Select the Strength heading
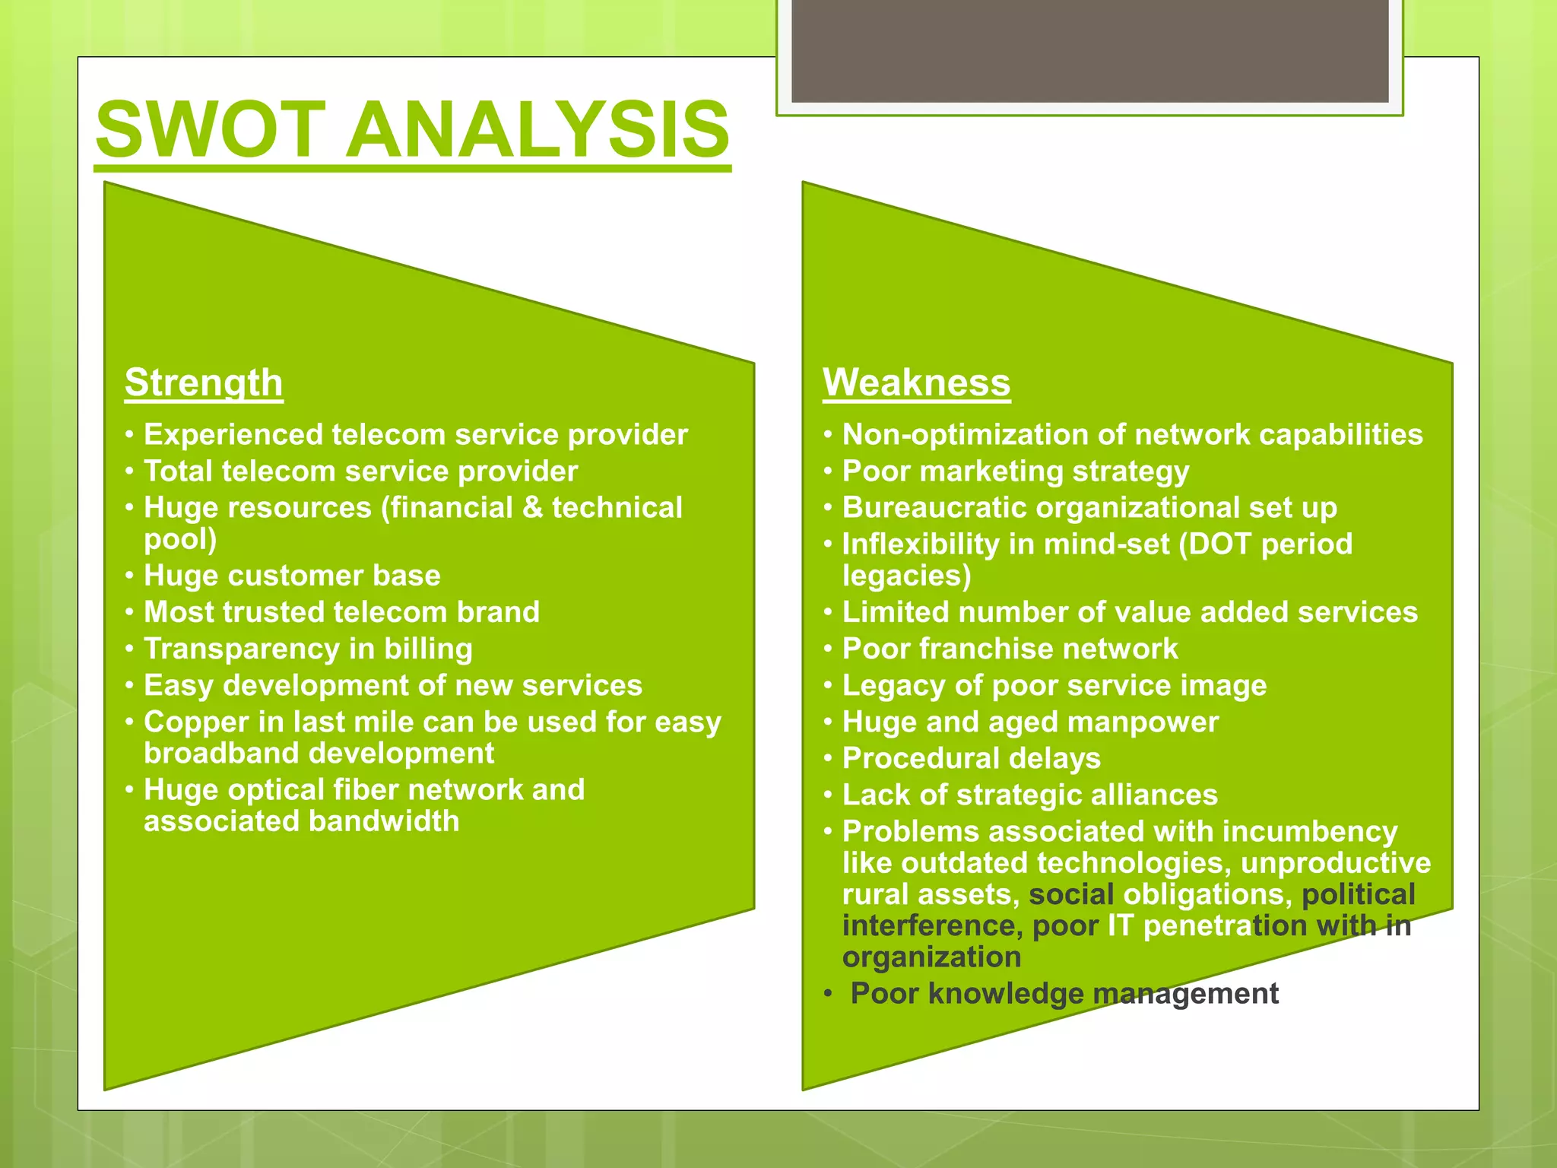[204, 382]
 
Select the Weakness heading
[916, 382]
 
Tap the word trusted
[273, 612]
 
